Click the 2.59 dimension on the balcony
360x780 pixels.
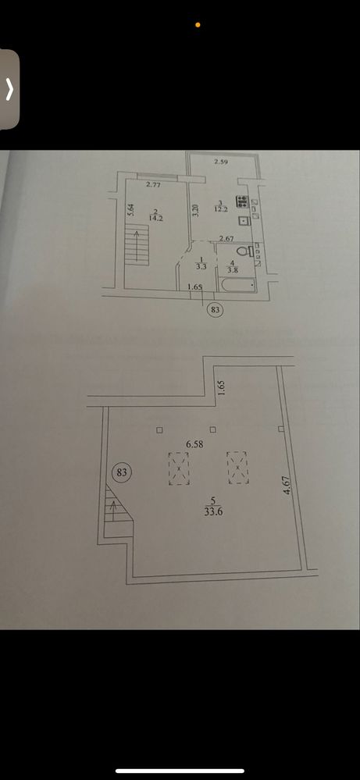click(x=221, y=161)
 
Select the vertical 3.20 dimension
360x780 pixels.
click(x=195, y=211)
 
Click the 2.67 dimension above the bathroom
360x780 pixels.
click(x=226, y=239)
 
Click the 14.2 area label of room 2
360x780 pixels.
click(x=155, y=217)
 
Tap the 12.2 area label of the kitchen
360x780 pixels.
click(x=221, y=210)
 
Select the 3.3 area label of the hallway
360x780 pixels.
click(x=200, y=266)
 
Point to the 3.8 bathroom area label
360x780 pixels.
click(x=233, y=271)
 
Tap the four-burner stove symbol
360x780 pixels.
click(x=243, y=201)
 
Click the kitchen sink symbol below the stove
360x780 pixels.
click(x=243, y=221)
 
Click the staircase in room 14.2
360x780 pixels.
click(x=137, y=244)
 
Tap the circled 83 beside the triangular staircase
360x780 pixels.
click(x=122, y=472)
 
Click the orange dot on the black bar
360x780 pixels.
click(x=198, y=24)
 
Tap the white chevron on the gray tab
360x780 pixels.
click(x=9, y=90)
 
